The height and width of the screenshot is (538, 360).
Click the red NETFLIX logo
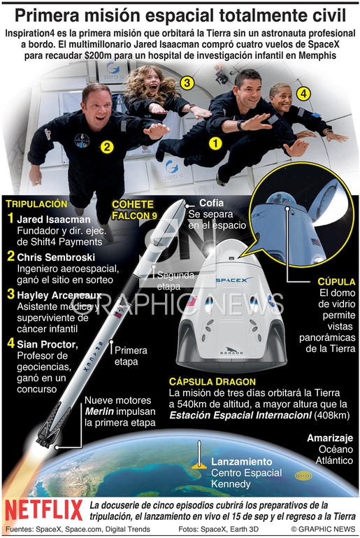point(44,510)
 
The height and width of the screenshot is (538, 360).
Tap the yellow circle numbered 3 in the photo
point(187,83)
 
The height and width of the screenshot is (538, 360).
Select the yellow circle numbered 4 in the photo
point(303,93)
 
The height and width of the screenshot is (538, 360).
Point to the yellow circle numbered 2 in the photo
point(108,147)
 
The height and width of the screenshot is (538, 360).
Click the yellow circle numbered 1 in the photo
point(215,143)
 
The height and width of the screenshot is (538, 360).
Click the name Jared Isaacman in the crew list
point(54,220)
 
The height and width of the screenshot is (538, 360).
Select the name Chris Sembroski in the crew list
point(56,257)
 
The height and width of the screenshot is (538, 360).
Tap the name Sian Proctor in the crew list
point(48,344)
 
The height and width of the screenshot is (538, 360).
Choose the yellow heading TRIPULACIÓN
point(36,204)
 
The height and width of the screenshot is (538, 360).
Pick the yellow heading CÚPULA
point(336,282)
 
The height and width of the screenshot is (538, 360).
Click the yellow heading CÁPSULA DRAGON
point(213,381)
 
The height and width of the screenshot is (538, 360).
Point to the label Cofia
point(211,203)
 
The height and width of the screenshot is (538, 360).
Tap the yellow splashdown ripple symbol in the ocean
point(303,476)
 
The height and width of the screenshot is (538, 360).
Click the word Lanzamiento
point(241,462)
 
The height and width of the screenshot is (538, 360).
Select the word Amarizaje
point(330,438)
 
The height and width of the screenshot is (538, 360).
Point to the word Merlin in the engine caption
point(99,411)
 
